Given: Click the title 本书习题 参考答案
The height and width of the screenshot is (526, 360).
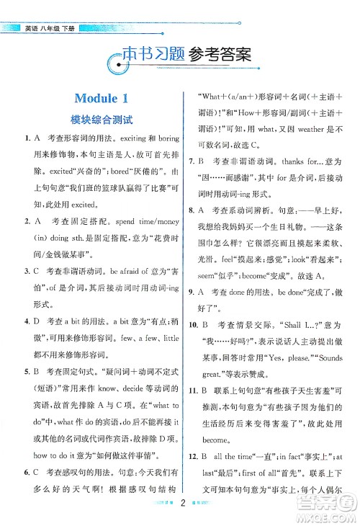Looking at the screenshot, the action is pyautogui.click(x=184, y=54).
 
